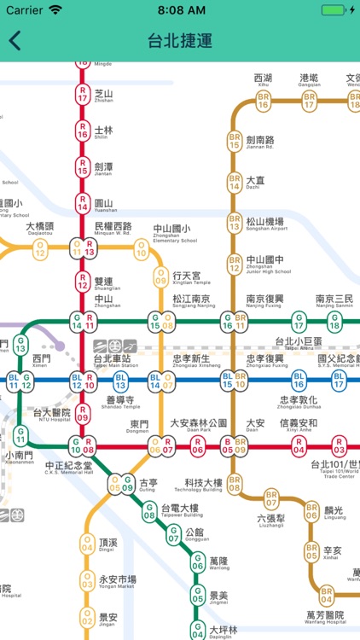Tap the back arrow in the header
[15, 41]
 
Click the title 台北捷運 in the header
[180, 41]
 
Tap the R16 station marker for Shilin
[83, 131]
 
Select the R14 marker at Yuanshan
[83, 203]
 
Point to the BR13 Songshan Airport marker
[234, 224]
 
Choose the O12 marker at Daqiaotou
[39, 249]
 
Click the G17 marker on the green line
[299, 323]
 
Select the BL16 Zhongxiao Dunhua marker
[299, 380]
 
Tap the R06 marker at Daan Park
[198, 445]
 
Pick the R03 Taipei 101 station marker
[340, 445]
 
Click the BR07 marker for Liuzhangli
[271, 499]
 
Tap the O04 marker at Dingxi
[87, 544]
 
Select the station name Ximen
[41, 359]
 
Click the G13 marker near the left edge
[20, 345]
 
